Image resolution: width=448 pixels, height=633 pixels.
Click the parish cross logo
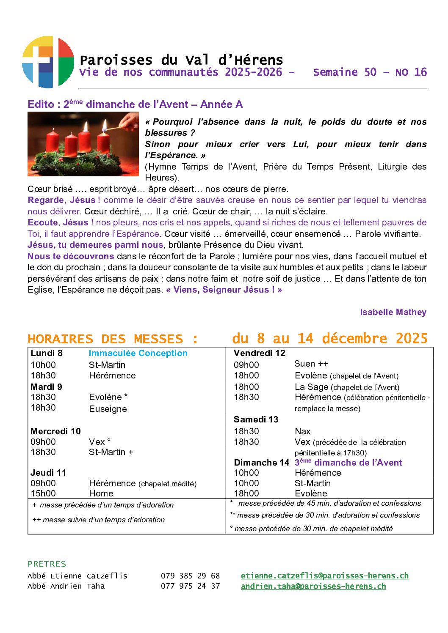(x=48, y=62)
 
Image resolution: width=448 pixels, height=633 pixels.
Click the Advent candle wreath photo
(x=83, y=144)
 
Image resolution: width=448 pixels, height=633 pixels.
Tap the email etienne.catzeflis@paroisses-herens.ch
(x=324, y=575)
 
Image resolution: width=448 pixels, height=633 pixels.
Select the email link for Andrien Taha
(x=313, y=586)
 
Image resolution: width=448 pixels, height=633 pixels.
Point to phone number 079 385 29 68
(x=190, y=575)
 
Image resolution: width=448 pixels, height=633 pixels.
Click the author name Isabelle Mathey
(x=393, y=312)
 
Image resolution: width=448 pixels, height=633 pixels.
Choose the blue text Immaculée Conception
(x=138, y=353)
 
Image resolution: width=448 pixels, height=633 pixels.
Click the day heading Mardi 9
(x=46, y=386)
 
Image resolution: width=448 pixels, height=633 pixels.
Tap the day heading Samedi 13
(x=256, y=419)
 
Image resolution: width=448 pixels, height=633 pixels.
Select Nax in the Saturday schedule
(x=302, y=431)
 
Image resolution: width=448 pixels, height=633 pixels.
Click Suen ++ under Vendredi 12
(x=311, y=364)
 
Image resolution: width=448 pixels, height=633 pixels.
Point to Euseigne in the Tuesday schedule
(x=108, y=408)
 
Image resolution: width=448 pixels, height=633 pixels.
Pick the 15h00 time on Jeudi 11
(x=43, y=493)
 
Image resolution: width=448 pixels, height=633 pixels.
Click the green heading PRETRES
(x=47, y=564)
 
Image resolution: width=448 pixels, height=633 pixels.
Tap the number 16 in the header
(x=420, y=72)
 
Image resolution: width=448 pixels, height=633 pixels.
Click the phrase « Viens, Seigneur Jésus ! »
(x=224, y=290)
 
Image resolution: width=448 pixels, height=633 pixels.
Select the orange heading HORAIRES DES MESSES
(x=112, y=339)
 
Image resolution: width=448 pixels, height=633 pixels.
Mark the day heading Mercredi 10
(x=55, y=431)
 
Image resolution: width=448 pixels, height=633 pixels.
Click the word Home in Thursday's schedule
(x=101, y=493)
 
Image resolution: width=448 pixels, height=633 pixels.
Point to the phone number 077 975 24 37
(x=190, y=586)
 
